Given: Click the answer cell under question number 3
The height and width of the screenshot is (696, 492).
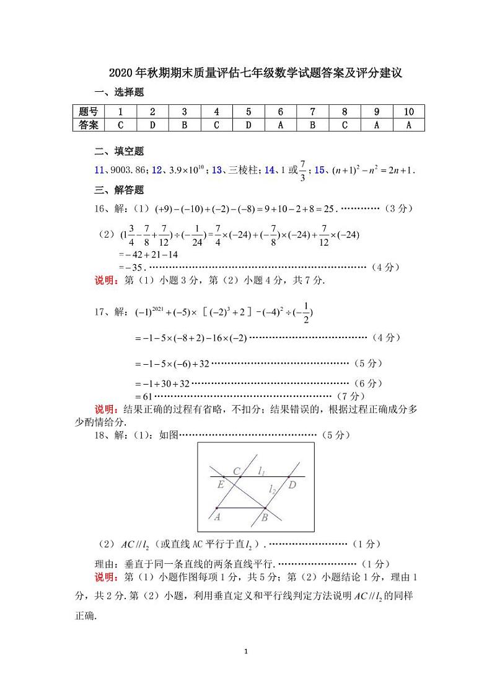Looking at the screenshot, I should pos(184,125).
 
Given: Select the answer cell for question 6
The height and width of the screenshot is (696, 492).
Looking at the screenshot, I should pos(280,125).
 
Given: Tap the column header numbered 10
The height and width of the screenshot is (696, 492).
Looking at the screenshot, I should pos(408,112).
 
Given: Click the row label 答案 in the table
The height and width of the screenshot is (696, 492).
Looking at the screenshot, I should pos(89,125).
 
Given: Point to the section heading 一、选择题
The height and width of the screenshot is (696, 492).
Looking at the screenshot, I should pos(119,92).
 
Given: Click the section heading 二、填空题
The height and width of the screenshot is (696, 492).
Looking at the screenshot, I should pos(119,151).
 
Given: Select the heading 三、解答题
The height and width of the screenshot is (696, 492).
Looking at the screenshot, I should pos(119,190).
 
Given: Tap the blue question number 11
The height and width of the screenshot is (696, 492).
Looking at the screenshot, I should pos(99,170).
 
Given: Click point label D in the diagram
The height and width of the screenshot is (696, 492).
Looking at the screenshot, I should pos(292,484).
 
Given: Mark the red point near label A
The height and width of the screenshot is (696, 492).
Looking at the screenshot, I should pos(216,508).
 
